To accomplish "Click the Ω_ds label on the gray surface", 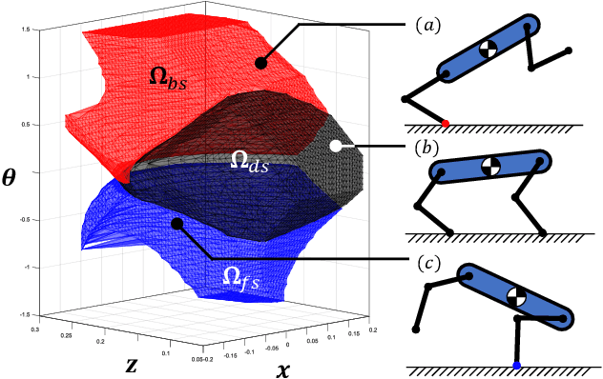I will coord(249,163).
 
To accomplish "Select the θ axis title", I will coord(10,175).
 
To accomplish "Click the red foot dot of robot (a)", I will coord(447,122).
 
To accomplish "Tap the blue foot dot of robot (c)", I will coord(516,365).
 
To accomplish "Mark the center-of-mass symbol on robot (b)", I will coord(490,167).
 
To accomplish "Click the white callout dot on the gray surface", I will coord(335,146).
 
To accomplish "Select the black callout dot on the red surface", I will coord(260,62).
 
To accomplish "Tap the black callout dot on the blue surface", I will coord(177,224).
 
